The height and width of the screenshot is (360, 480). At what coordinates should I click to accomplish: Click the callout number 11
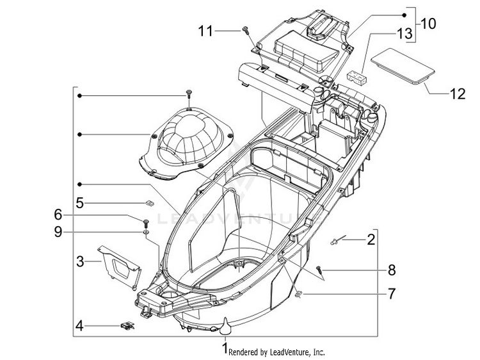[x=205, y=31]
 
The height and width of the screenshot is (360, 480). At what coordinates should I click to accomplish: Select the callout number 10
[x=429, y=24]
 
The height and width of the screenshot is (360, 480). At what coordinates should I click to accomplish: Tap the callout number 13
[x=404, y=34]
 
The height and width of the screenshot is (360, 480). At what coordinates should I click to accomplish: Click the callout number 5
[x=79, y=203]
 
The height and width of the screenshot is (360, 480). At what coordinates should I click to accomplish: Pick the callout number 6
[x=58, y=215]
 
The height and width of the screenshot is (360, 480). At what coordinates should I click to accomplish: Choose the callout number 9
[x=58, y=232]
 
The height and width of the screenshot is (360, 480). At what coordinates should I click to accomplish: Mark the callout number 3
[x=80, y=261]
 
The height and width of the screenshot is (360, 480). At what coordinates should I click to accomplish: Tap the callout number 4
[x=79, y=325]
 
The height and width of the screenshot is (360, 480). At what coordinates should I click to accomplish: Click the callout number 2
[x=371, y=240]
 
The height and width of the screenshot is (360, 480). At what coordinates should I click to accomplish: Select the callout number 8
[x=392, y=270]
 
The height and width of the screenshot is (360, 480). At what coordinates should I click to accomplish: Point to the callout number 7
[x=392, y=294]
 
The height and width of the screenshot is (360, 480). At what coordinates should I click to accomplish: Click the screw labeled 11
[x=245, y=29]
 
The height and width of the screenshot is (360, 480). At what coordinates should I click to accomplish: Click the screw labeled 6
[x=146, y=222]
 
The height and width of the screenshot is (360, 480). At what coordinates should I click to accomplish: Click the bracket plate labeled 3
[x=120, y=265]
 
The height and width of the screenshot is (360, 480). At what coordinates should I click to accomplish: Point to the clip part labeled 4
[x=127, y=325]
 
